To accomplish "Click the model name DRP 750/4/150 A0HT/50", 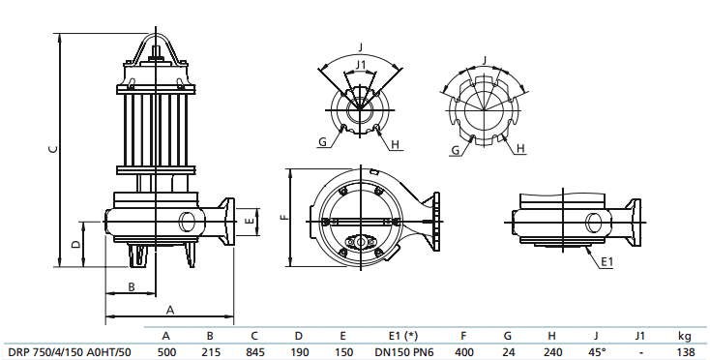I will [x=69, y=352].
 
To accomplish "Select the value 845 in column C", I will [x=254, y=352].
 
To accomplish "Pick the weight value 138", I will [x=686, y=352].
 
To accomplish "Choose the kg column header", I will [x=685, y=336].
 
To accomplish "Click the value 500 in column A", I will [x=167, y=352].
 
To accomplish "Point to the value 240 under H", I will [x=552, y=352].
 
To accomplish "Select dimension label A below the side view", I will [x=169, y=310].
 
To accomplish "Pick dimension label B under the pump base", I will [x=131, y=285].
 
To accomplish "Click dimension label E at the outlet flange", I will [x=250, y=222].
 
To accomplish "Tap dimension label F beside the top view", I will [x=282, y=218].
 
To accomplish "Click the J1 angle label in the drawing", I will [x=360, y=66].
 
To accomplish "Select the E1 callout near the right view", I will [x=606, y=262].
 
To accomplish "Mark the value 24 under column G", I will [x=508, y=352].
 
